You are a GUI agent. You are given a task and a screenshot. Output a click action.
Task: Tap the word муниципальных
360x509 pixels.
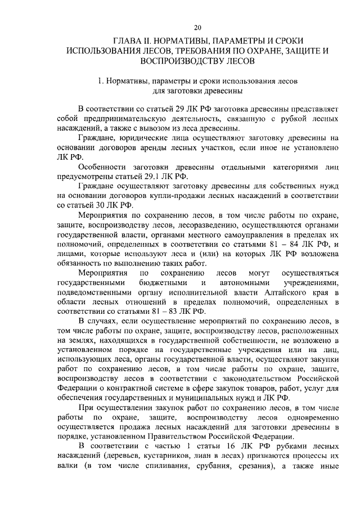tap(200, 397)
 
